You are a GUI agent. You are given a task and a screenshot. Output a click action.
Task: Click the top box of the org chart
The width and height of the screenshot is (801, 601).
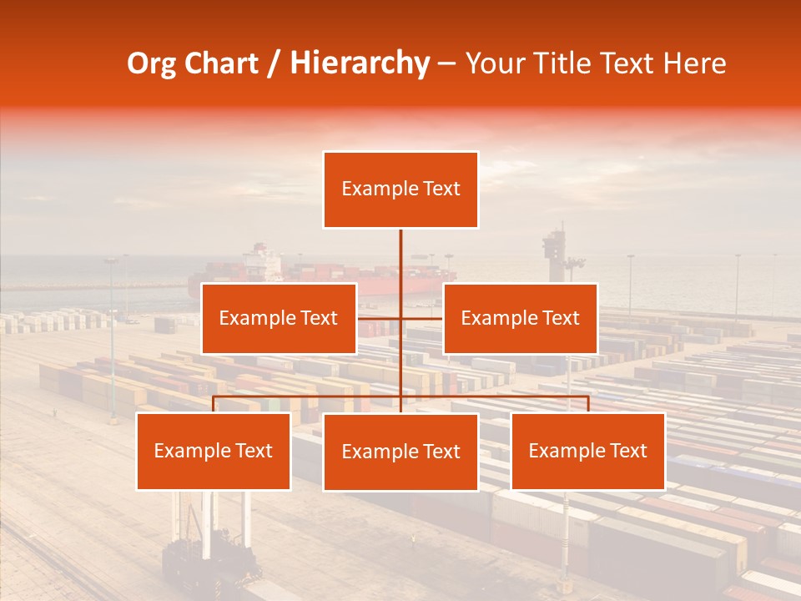click(400, 189)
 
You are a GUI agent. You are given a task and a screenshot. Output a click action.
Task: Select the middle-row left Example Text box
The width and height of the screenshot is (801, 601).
click(279, 318)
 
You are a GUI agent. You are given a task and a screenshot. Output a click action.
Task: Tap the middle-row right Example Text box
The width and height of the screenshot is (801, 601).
click(520, 318)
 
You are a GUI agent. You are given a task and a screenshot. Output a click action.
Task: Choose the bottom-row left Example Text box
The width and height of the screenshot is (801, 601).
click(214, 451)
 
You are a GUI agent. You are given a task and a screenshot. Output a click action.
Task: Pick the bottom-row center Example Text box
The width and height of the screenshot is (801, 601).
click(400, 452)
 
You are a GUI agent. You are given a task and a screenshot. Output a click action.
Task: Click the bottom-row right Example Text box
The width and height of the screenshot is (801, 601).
click(587, 451)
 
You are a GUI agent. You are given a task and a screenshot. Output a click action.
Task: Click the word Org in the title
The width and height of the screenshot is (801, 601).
click(151, 63)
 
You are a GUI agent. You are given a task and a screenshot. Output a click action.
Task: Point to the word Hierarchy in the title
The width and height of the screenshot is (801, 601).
click(359, 63)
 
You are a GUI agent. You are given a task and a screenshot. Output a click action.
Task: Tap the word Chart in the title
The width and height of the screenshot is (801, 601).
click(220, 63)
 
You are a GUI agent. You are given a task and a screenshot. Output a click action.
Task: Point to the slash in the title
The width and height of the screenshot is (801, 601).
click(274, 63)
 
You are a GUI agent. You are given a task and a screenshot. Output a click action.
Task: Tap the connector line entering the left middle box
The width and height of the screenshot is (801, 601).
click(379, 318)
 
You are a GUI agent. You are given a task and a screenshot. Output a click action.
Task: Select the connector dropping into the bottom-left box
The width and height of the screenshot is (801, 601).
click(214, 404)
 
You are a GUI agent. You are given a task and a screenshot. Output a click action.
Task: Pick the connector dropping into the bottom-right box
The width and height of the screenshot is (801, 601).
click(587, 404)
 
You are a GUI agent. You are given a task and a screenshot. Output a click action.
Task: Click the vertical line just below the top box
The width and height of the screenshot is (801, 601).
click(400, 250)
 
